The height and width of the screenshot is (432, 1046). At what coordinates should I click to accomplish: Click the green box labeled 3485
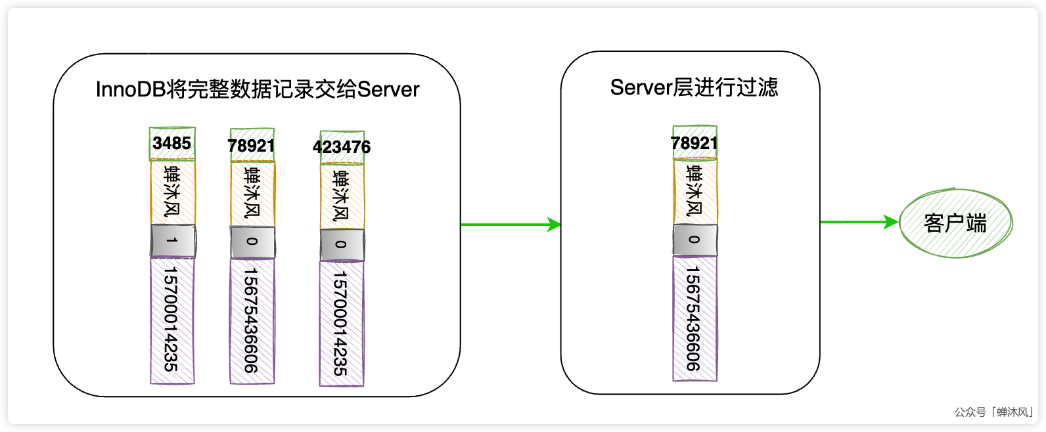172,143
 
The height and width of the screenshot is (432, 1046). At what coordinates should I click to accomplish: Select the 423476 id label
342,147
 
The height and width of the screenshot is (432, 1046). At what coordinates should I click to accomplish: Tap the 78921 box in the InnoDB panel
252,145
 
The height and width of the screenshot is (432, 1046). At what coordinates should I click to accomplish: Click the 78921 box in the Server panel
694,142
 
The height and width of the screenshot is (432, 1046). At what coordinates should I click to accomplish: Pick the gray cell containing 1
173,240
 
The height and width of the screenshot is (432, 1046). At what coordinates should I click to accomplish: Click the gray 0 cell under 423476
342,245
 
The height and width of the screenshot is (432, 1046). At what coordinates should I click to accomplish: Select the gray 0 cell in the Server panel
694,240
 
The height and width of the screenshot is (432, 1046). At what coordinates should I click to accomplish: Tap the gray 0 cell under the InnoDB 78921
252,242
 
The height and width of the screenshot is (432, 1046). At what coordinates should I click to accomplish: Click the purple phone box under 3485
172,320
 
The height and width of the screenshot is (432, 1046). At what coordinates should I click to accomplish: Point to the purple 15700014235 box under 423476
342,323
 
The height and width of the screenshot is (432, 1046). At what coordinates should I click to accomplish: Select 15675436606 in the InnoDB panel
252,320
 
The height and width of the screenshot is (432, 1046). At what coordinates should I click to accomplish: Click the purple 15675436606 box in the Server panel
694,318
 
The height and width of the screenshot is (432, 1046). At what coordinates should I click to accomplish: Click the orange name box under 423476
342,196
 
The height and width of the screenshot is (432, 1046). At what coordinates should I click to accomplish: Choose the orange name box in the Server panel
695,191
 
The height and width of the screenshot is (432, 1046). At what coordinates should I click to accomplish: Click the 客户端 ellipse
955,223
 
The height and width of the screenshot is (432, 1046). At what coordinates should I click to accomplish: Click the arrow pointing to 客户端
858,222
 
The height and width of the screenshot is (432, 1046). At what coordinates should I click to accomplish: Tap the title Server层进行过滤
694,87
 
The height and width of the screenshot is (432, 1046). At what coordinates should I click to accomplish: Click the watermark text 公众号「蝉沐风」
994,412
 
